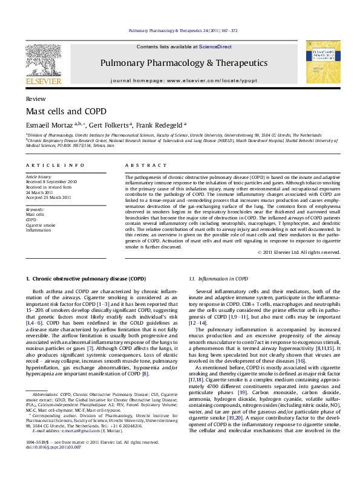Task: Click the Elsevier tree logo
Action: (x=44, y=59)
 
